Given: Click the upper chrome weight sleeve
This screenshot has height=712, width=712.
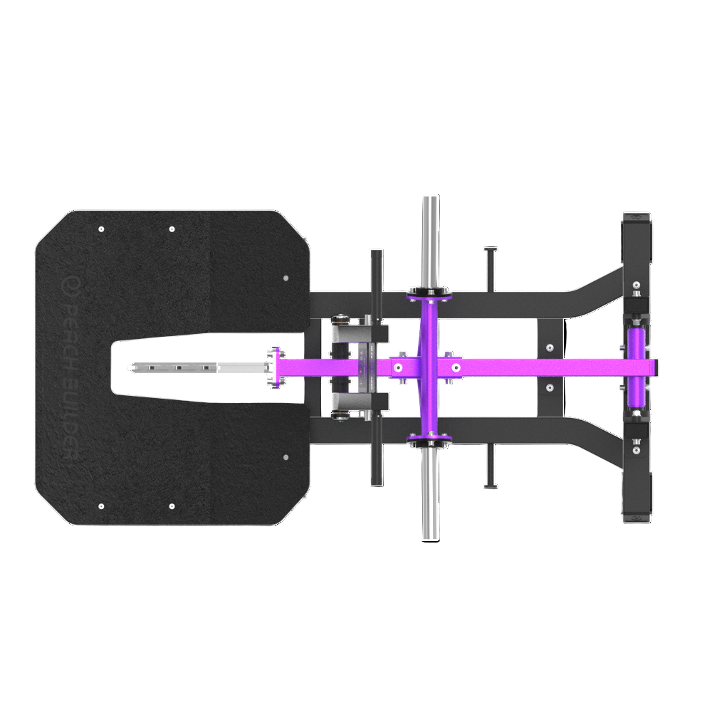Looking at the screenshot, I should pos(430,241).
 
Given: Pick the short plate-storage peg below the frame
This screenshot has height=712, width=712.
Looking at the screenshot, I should pos(490,467).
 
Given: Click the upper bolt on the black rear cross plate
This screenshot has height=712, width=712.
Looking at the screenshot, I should pos(549,348).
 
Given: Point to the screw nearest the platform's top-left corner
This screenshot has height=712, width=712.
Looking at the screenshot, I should pos(101,229).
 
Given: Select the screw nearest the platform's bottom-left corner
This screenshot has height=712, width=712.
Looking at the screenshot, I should pos(101,506).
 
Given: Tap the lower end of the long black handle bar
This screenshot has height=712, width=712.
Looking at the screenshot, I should pos(377,478).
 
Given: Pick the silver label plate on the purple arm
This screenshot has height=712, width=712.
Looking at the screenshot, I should pos(366,367).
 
